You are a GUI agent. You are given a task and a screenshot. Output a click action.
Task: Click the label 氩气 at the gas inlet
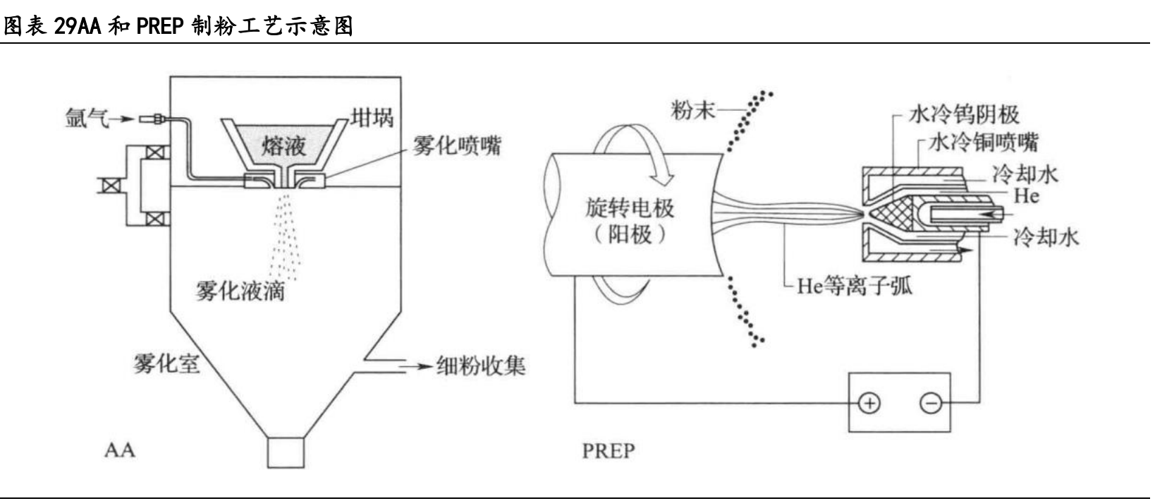click(87, 119)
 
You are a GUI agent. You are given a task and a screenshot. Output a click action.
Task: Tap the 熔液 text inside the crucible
click(284, 145)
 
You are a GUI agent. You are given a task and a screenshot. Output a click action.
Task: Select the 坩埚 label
click(372, 118)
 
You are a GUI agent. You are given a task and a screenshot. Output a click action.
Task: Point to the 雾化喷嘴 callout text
click(457, 145)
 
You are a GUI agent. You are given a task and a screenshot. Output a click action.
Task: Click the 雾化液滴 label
click(240, 291)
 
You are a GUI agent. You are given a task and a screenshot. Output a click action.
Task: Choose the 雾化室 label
click(166, 363)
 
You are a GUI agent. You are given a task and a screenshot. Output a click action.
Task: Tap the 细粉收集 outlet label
click(481, 366)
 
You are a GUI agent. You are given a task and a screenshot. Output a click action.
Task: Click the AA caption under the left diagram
click(120, 450)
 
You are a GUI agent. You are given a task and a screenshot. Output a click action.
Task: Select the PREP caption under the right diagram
click(609, 451)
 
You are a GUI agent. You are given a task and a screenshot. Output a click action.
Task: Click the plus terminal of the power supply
click(869, 404)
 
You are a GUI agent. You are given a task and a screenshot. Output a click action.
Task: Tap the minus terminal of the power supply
click(931, 404)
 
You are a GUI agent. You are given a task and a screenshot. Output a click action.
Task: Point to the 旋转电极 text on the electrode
click(630, 208)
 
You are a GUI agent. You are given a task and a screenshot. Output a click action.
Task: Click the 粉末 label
click(693, 110)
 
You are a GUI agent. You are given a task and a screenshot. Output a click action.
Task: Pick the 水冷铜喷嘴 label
click(984, 143)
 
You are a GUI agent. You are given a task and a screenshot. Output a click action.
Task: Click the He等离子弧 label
click(855, 286)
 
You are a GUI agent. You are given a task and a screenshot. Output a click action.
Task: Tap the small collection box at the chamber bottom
click(286, 452)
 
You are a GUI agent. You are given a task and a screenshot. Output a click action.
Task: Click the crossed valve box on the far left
click(111, 186)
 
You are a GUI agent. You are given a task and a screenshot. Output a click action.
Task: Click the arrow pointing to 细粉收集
click(416, 366)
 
